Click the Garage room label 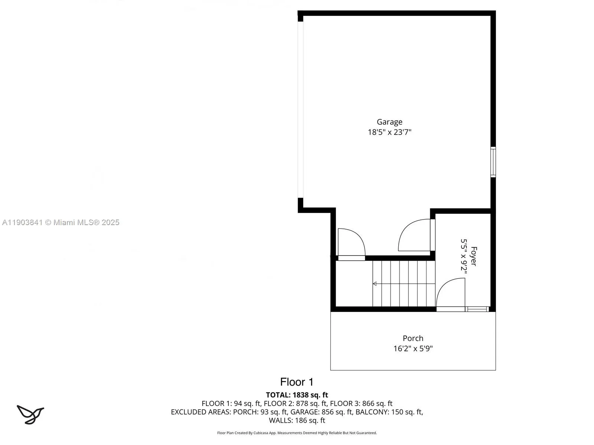(x=389, y=122)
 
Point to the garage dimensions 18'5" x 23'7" (x=389, y=132)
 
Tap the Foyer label (x=474, y=256)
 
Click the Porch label (x=413, y=338)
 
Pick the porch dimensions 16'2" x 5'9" (x=413, y=349)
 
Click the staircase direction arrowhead (x=375, y=284)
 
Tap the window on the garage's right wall (x=493, y=162)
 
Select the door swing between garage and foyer (x=415, y=235)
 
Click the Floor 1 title (x=297, y=382)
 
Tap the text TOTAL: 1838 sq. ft (x=297, y=395)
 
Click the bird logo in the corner (x=30, y=414)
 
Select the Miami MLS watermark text (x=61, y=222)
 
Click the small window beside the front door (x=477, y=309)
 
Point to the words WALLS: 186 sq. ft (x=297, y=421)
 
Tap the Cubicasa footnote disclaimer (x=297, y=433)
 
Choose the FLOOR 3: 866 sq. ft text (x=361, y=403)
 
